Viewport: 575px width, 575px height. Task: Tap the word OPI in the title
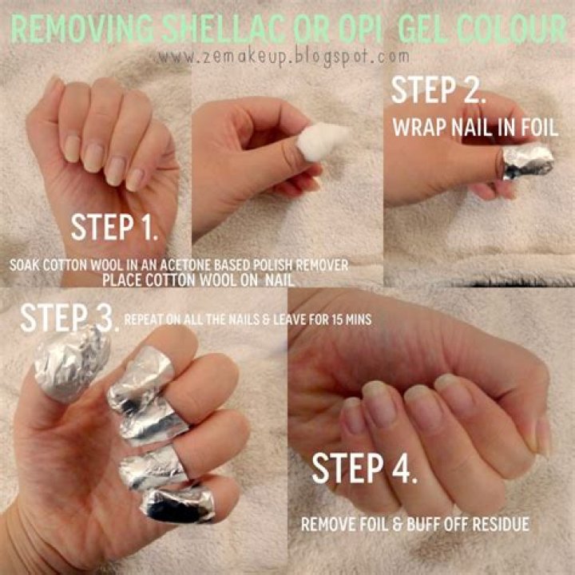361,30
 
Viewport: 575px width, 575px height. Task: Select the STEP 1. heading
115,227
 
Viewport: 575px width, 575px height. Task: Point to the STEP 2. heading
439,90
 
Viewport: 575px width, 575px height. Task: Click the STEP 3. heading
69,318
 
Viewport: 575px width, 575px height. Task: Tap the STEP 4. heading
364,468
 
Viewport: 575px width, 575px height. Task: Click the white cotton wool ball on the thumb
322,141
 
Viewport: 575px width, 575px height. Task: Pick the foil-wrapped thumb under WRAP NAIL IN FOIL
527,161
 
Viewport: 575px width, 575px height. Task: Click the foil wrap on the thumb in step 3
72,364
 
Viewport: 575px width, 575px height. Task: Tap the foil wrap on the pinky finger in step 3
178,503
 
